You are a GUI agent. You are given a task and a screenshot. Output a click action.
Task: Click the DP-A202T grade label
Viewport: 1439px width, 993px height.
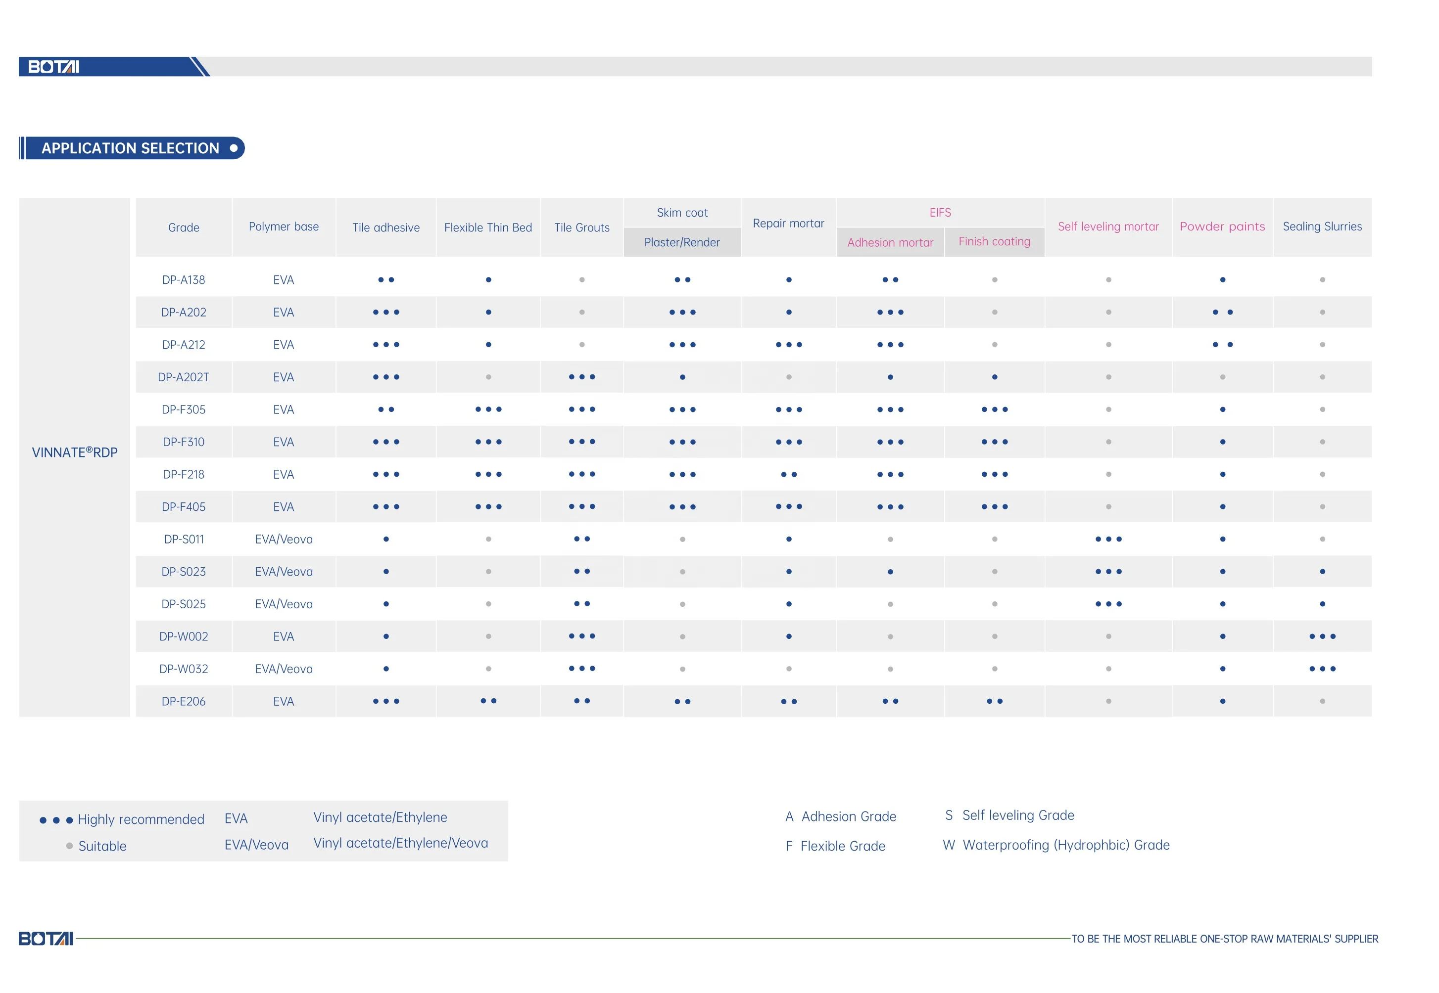click(184, 377)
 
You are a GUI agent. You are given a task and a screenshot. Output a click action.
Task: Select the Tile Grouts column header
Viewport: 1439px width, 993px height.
click(581, 227)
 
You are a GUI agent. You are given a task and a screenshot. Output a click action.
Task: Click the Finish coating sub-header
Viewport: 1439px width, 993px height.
click(994, 241)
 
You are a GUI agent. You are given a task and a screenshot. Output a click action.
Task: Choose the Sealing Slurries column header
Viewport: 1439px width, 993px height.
click(1322, 226)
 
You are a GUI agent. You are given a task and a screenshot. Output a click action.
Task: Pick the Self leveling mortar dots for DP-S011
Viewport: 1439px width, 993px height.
click(1108, 540)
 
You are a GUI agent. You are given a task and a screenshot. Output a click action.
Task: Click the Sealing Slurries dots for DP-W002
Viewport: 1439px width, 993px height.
click(1322, 636)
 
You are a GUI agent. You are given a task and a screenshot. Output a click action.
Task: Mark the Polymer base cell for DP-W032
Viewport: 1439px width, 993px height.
click(284, 669)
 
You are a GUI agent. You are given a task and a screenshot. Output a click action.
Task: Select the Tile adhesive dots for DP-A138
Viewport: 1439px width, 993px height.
click(386, 280)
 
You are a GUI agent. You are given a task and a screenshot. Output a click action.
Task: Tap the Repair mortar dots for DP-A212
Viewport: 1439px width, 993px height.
click(789, 345)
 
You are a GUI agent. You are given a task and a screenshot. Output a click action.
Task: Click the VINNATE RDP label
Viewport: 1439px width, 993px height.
click(75, 452)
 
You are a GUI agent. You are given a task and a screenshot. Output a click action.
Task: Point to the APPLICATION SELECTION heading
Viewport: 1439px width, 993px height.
click(130, 148)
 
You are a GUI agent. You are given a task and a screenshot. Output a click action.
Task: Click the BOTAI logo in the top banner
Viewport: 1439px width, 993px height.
click(54, 67)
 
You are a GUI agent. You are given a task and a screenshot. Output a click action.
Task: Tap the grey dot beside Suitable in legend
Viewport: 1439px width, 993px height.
click(69, 846)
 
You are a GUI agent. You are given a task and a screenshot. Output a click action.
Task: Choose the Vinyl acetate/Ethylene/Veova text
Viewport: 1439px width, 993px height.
click(400, 843)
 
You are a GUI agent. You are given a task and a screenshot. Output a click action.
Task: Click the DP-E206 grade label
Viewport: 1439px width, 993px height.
click(184, 701)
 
